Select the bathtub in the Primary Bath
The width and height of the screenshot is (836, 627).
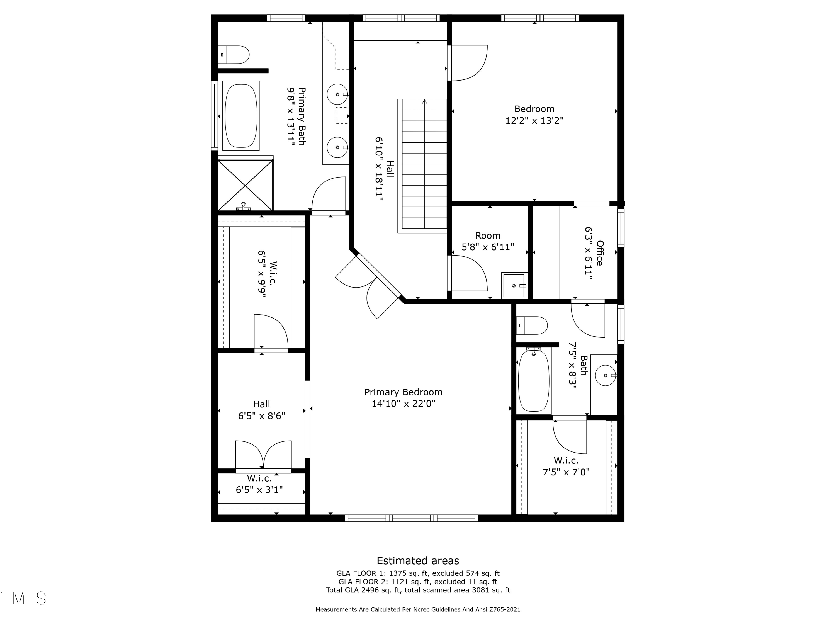[x=241, y=116]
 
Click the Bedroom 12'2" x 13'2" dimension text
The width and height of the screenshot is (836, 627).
[x=534, y=121]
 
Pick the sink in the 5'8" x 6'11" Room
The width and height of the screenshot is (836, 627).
[x=514, y=285]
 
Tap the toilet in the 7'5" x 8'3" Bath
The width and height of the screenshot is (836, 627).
[x=532, y=325]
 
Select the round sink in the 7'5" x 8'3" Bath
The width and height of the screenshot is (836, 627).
[x=606, y=375]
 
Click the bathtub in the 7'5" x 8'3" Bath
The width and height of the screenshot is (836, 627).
[x=534, y=381]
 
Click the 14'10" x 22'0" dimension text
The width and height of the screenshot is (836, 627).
[x=403, y=404]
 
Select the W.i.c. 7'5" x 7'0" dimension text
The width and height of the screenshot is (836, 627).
[x=566, y=472]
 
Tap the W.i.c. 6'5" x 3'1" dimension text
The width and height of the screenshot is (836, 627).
[x=259, y=490]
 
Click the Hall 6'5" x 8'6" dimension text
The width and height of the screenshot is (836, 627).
[x=262, y=416]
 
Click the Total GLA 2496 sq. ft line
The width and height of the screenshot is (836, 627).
[x=418, y=590]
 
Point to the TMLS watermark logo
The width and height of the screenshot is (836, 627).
[x=23, y=598]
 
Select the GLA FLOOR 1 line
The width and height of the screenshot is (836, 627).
[x=418, y=573]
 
